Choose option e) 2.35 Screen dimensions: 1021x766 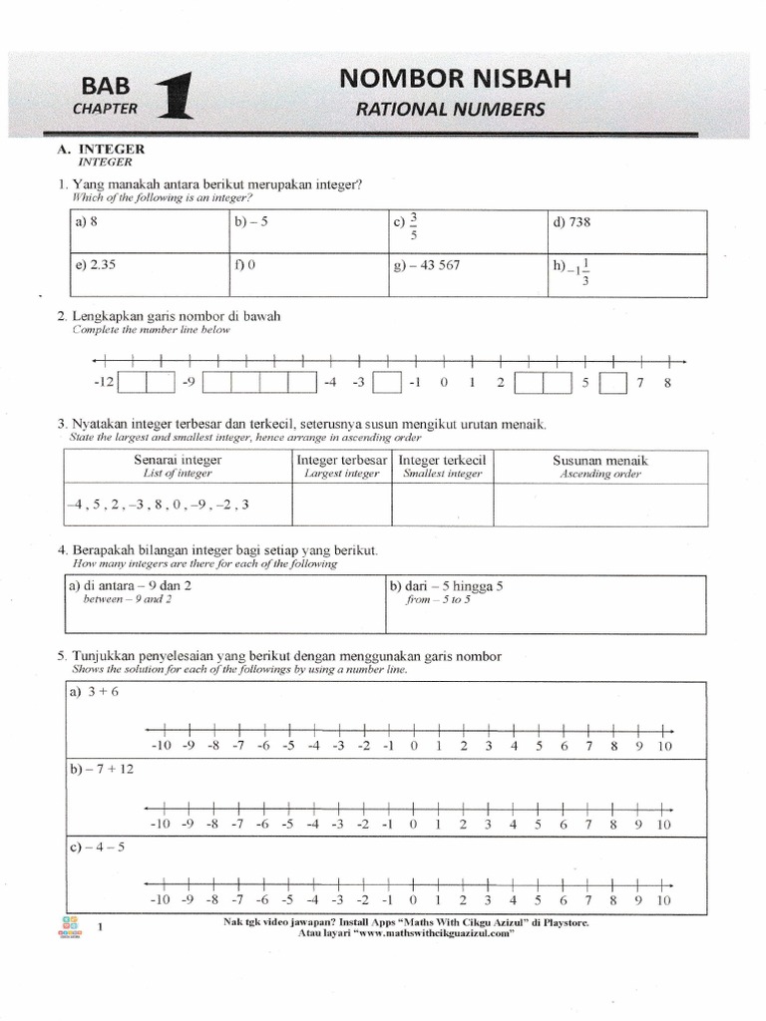(96, 266)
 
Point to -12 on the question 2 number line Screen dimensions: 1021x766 (103, 382)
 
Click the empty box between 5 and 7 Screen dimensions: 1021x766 (614, 383)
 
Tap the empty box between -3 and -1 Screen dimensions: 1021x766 (386, 383)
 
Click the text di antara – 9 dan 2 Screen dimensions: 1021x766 (131, 586)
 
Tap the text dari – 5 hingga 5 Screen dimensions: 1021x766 (451, 586)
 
